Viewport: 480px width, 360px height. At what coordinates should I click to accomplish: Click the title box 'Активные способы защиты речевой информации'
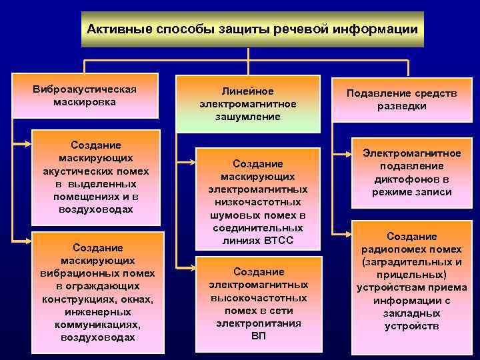253,29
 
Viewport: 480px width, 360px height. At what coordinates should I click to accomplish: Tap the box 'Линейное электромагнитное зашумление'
247,103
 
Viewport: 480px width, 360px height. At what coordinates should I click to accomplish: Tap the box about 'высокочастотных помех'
257,303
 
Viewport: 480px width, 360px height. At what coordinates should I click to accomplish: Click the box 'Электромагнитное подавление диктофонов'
411,173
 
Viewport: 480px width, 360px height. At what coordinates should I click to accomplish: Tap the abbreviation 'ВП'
258,335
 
